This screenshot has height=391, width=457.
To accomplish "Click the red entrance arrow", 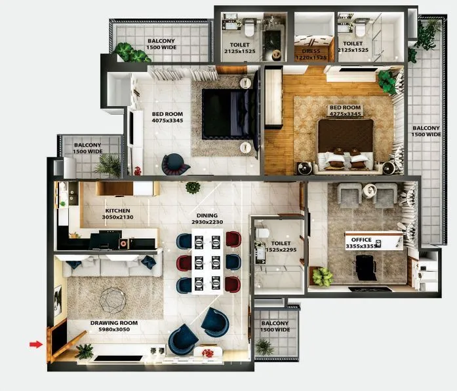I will tap(35, 343).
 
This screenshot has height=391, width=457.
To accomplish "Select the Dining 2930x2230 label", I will tap(207, 219).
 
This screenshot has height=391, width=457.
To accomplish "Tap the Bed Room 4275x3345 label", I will tap(344, 111).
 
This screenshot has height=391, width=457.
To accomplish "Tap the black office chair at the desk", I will tap(365, 267).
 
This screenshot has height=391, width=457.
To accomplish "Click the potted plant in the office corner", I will tap(322, 276).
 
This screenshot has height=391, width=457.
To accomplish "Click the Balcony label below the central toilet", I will tap(275, 326).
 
